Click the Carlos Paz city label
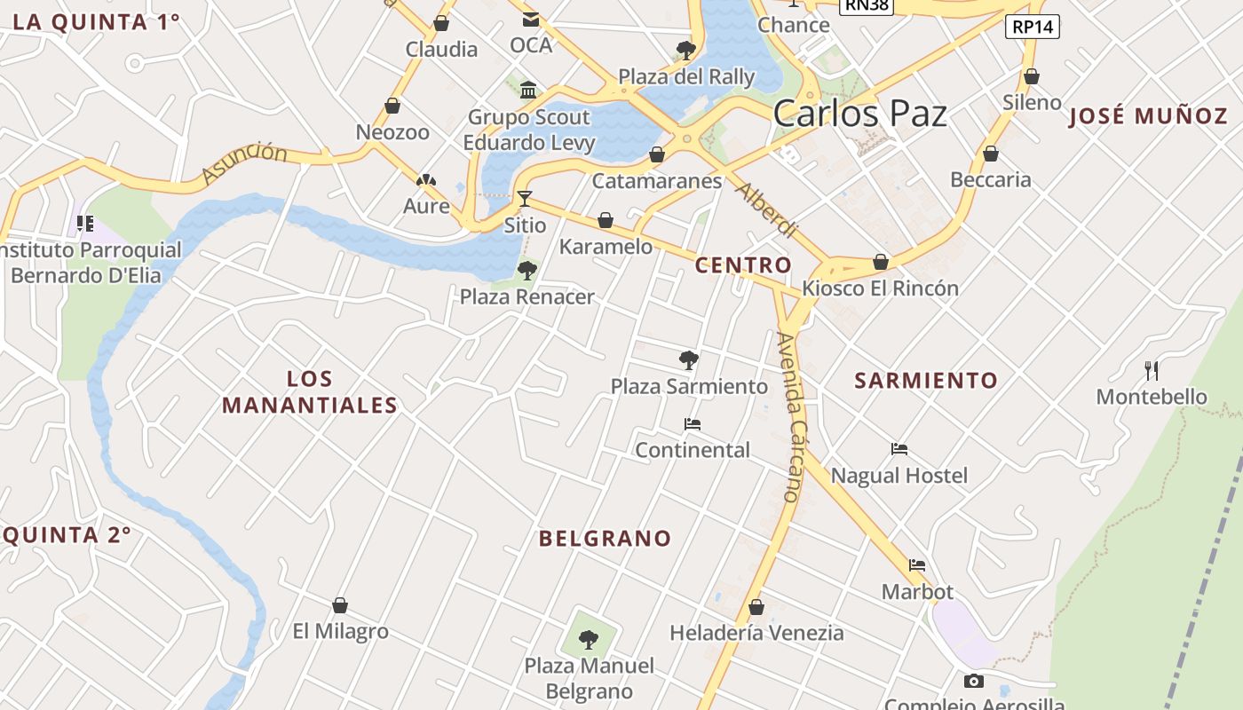coord(859,114)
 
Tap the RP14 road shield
coord(1034,27)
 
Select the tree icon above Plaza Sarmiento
coord(688,359)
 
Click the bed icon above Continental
coord(693,424)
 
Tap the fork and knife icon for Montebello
coord(1152,370)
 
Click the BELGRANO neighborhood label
coord(605,538)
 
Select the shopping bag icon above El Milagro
coord(339,605)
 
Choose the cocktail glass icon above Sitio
coord(525,198)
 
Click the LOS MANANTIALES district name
coord(309,392)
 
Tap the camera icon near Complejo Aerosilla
coord(974,682)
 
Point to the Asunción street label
coord(244,163)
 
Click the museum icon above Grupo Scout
coord(529,90)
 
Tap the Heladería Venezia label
coord(756,633)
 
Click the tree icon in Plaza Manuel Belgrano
coord(588,638)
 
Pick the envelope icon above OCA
coord(530,20)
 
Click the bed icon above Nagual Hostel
coord(899,449)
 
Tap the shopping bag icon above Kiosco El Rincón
coord(880,262)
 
